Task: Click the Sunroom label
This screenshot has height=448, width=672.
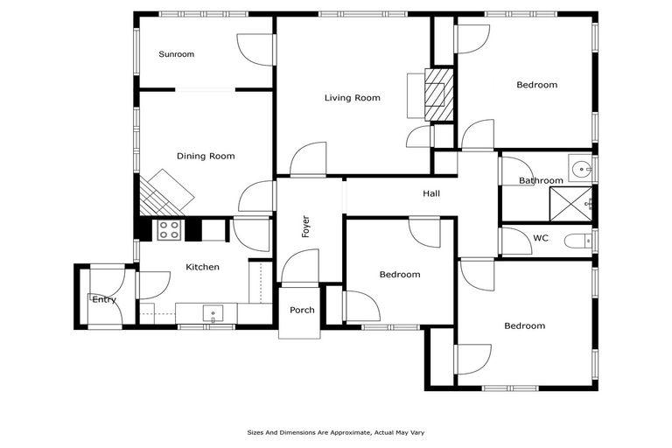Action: pos(176,54)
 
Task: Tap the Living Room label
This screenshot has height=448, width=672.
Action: pos(352,98)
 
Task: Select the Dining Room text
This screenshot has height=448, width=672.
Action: pos(206,157)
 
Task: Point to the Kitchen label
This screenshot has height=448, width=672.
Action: pos(202,267)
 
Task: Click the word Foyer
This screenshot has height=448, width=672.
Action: pos(306,227)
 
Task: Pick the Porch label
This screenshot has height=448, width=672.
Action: pos(302,310)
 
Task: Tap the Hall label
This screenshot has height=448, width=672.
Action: pos(431,194)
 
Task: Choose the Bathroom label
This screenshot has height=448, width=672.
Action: pos(541,181)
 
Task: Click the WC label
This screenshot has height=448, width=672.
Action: pos(540,238)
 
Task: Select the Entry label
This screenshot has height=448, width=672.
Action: pos(104,300)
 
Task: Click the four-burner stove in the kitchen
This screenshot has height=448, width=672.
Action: pos(169,230)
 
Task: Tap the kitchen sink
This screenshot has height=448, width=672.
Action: pos(213,312)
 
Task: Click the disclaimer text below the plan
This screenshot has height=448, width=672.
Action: pos(335,432)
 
